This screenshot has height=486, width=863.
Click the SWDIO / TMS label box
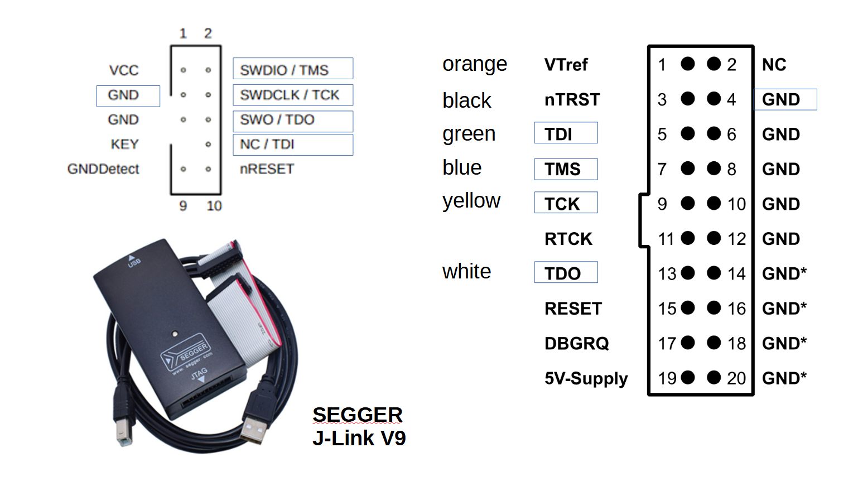click(293, 69)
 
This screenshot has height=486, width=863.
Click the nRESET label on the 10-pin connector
click(267, 169)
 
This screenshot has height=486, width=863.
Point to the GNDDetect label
click(103, 169)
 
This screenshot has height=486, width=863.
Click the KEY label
click(124, 144)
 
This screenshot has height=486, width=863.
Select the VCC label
click(124, 70)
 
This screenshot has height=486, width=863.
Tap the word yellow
click(471, 201)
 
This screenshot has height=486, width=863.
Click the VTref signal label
click(566, 65)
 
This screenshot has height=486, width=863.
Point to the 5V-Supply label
click(586, 378)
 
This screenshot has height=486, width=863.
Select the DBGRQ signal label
click(576, 343)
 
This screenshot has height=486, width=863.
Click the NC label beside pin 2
click(774, 65)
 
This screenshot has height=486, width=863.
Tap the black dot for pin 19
click(688, 377)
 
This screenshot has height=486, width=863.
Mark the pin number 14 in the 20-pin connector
click(736, 273)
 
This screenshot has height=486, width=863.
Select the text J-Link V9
click(359, 438)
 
